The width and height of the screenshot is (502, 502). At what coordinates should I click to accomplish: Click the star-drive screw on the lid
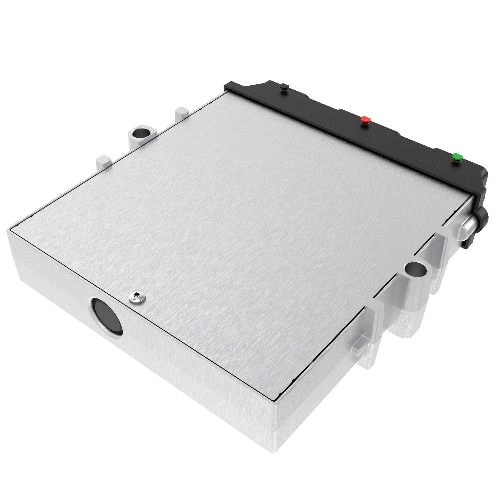coord(137,297)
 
